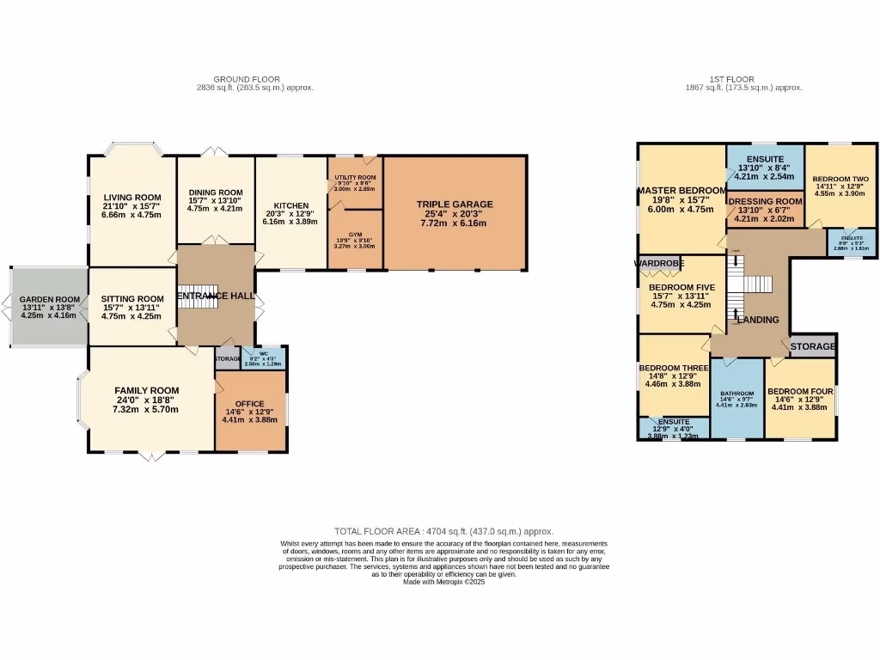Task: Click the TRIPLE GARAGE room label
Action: pos(455,204)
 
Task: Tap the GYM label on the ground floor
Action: pos(355,234)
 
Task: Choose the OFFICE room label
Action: pos(250,404)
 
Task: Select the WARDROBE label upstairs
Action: pos(658,263)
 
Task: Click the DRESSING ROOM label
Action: pos(765,201)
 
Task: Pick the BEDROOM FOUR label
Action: pos(800,390)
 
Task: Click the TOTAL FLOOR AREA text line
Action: pos(443,532)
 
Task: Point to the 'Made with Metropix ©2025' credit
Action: pos(444,582)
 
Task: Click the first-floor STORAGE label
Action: pos(812,347)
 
